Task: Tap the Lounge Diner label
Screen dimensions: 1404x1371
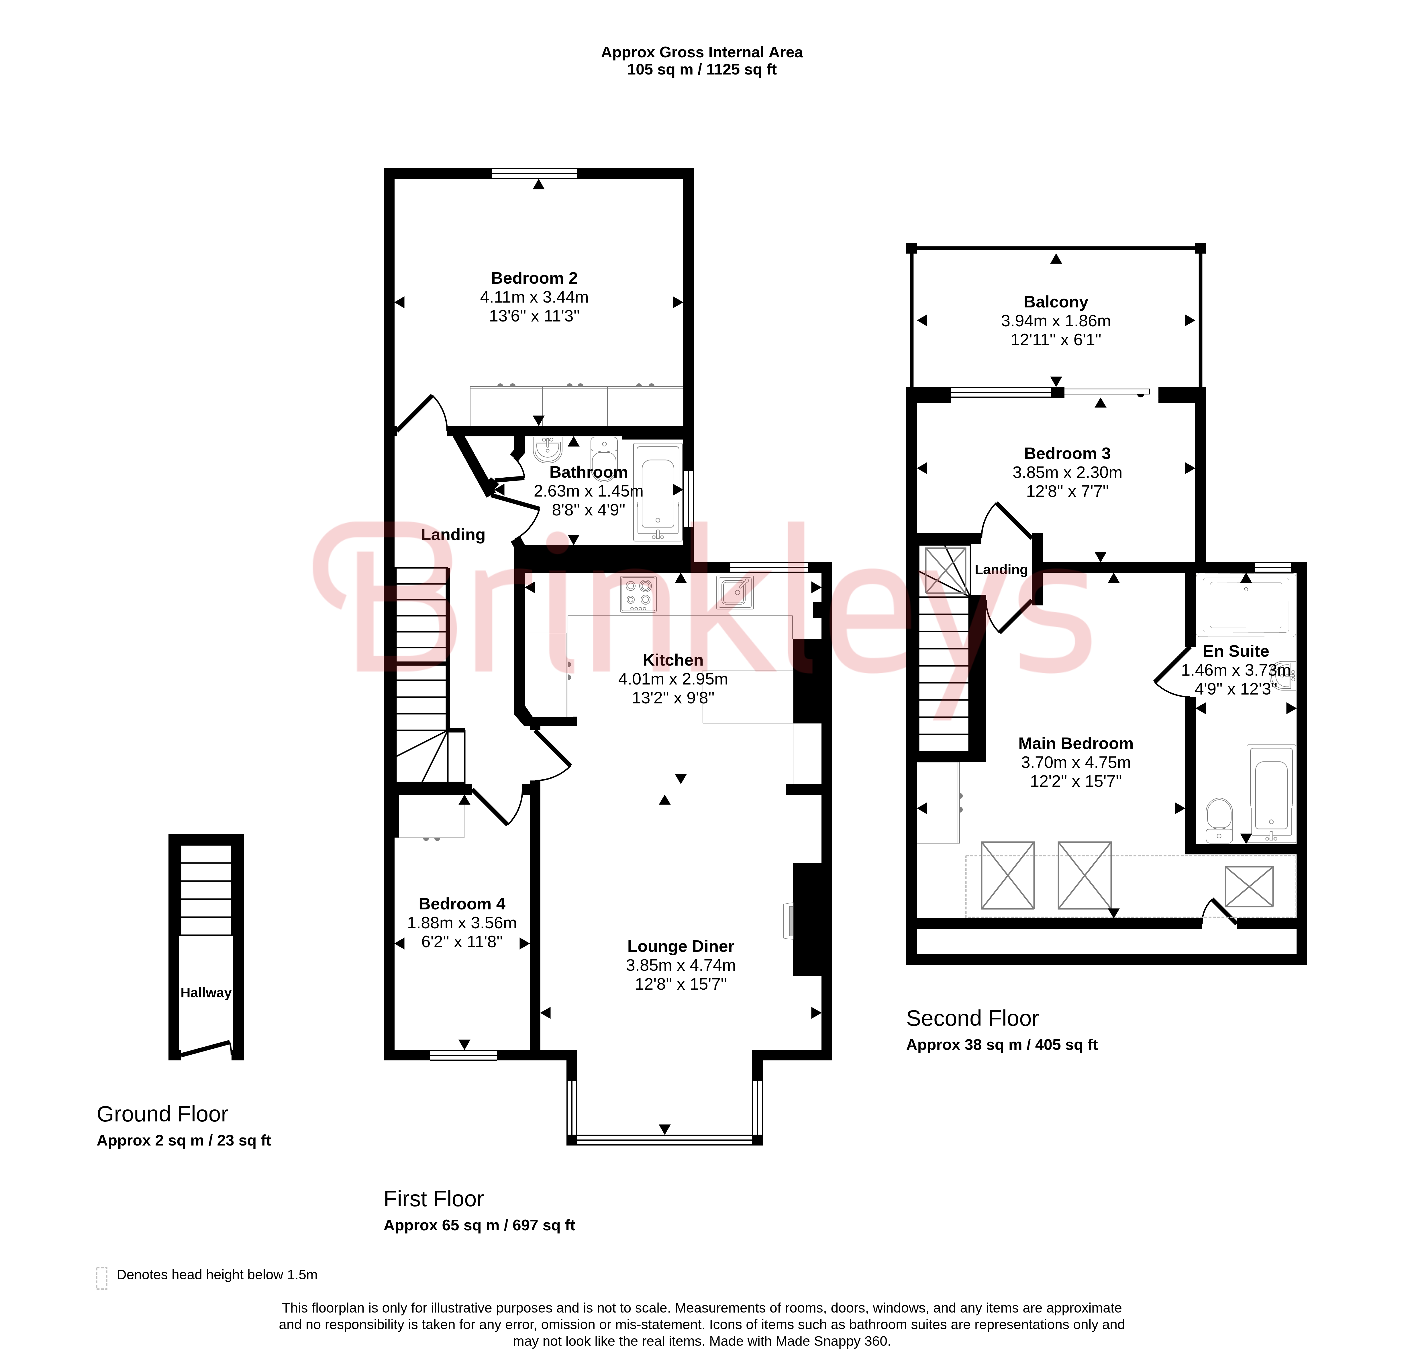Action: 681,946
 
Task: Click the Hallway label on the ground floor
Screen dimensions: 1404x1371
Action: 206,993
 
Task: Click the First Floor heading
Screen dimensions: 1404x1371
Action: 434,1199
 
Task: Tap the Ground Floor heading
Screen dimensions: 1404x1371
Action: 162,1114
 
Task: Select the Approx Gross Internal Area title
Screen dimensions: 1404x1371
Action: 702,52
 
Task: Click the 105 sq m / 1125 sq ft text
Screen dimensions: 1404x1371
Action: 702,70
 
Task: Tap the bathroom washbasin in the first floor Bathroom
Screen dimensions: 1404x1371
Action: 548,449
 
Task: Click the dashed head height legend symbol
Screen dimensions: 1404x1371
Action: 101,1278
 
